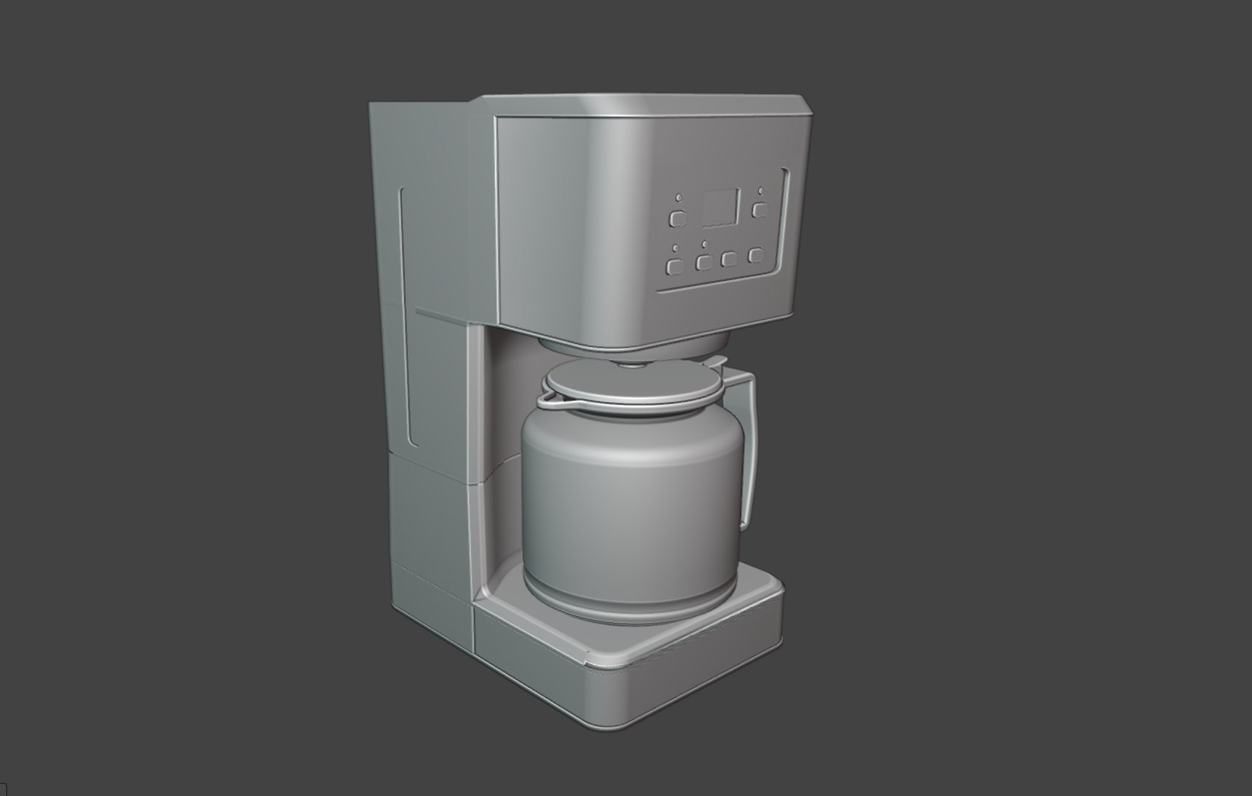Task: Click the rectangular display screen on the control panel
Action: tap(721, 209)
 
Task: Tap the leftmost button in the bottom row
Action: tap(674, 266)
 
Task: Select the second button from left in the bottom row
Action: tap(704, 262)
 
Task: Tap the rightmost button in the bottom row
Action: tap(755, 255)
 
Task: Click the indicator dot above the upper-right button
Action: tap(760, 192)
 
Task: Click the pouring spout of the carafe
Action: tap(549, 400)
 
